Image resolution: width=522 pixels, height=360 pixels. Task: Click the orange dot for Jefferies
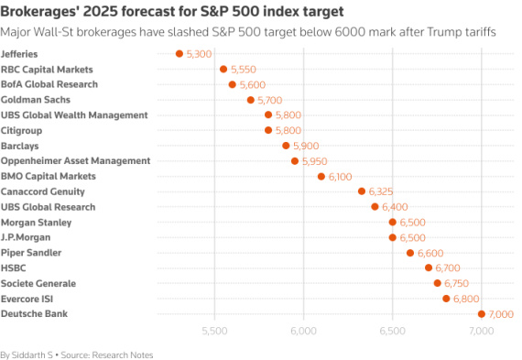coord(179,54)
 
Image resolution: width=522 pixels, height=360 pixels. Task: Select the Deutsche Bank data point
coord(482,314)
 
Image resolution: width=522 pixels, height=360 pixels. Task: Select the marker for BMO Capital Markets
coord(321,176)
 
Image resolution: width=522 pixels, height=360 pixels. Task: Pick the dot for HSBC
coord(429,268)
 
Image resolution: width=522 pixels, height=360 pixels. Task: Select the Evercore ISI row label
coord(29,299)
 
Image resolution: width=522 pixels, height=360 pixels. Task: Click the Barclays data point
coord(286,146)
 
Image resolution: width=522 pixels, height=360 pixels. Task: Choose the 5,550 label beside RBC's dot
coord(245,70)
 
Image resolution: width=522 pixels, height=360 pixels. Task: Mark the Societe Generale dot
coord(438,283)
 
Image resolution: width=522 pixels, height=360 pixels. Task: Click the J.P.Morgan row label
coord(27,237)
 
